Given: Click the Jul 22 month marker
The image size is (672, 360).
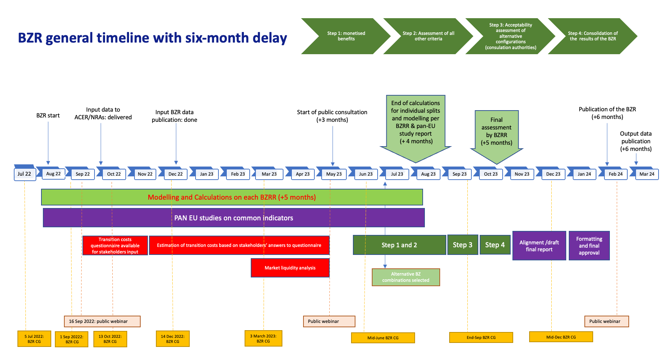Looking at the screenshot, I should point(24,174).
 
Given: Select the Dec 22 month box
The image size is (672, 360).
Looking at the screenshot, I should point(176,174).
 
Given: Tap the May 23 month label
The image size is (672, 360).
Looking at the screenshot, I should point(334,174).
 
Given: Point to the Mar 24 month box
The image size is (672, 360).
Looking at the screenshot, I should point(647,174).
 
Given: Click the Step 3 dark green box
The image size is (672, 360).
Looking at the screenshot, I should point(462,245).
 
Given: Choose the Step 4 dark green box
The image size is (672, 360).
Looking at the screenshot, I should point(495,245).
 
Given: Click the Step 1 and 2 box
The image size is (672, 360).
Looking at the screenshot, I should point(399,245).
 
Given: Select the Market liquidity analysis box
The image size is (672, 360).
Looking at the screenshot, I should point(290,268).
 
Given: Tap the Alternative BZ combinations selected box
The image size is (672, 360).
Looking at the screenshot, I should point(406,277).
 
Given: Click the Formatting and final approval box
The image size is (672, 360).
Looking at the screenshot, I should point(589,246).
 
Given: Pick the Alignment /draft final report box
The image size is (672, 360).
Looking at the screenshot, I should point(539,246).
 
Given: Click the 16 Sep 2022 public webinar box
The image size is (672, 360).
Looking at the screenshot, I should point(102,321).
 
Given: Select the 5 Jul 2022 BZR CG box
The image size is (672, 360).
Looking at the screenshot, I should point(34,339).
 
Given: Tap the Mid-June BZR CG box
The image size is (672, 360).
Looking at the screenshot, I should point(383,338).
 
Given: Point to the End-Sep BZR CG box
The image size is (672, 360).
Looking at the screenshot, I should point(481,337).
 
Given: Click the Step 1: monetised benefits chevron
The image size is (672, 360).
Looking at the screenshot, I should point(346,36).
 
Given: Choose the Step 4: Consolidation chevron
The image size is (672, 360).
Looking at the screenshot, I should point(592,36).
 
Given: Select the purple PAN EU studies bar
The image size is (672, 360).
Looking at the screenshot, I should point(234,218).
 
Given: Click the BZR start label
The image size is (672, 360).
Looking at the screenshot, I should point(48,116).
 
